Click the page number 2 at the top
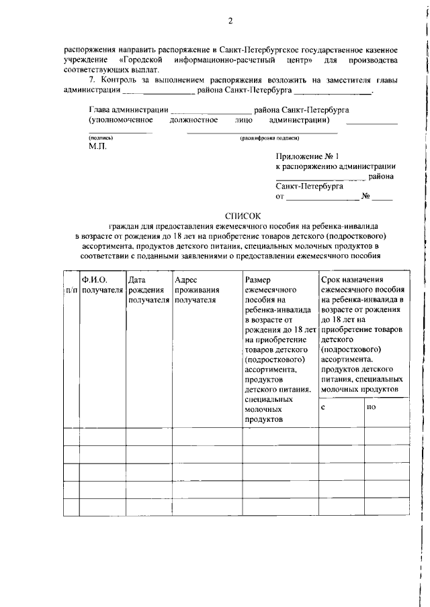click(x=230, y=21)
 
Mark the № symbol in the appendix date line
click(x=366, y=197)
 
